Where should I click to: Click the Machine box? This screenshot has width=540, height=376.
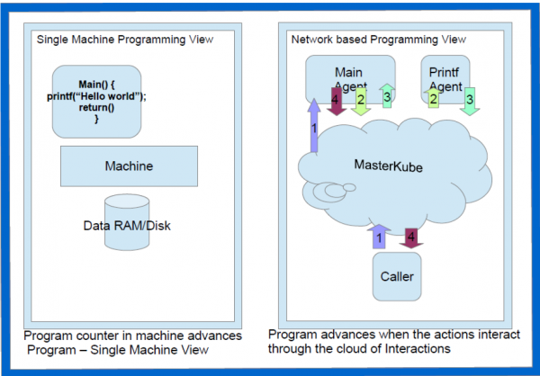coord(129,167)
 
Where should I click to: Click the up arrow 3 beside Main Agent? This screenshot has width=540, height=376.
coord(385,95)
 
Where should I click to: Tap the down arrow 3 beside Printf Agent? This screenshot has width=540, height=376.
coord(469,100)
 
